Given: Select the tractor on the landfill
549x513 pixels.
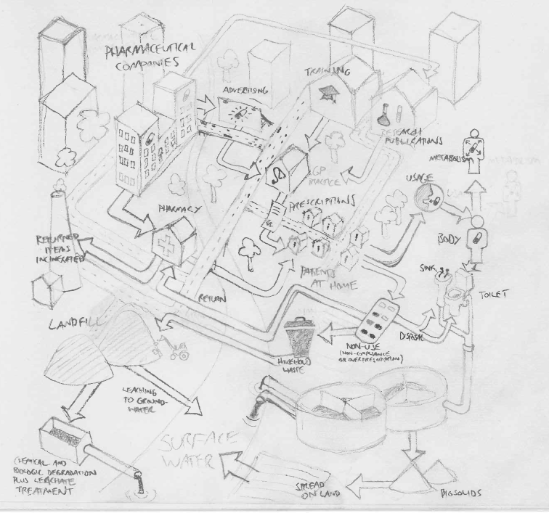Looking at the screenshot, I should pos(176,350).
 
